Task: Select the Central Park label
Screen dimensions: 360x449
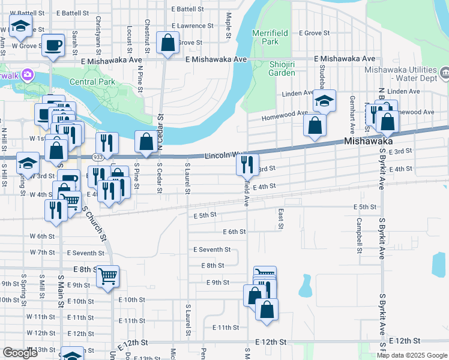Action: [x=91, y=82]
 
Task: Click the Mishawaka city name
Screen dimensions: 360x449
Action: [x=369, y=141]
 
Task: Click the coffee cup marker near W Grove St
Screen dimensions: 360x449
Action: [x=53, y=45]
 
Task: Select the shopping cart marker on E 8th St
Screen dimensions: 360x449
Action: [x=107, y=277]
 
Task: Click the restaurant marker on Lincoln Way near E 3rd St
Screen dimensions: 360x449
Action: [x=247, y=164]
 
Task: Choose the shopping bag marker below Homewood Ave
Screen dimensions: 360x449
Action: [x=315, y=126]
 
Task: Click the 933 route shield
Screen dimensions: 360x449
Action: [x=97, y=157]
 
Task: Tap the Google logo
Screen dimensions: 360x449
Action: [x=20, y=353]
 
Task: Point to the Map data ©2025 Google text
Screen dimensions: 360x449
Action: [x=411, y=355]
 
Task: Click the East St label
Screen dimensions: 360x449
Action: [x=280, y=219]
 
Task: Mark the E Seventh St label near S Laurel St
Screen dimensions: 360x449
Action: [x=212, y=249]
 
